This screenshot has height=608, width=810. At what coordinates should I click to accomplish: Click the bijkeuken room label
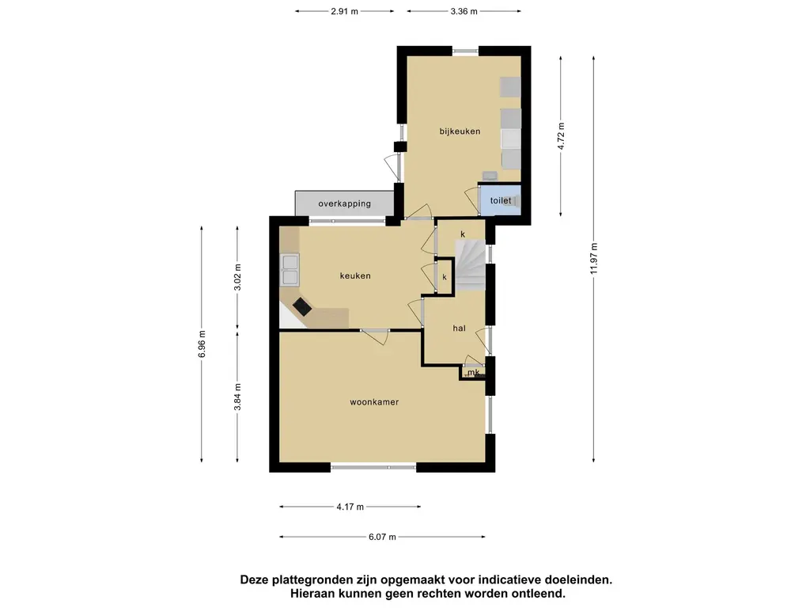[460, 131]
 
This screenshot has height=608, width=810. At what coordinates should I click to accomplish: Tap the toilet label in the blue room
[501, 200]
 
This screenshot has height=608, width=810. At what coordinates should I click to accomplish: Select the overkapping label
[345, 203]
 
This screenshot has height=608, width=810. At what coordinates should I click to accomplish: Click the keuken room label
[355, 276]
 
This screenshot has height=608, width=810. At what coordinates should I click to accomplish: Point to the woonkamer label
[374, 401]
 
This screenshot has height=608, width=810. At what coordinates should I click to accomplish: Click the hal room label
[460, 329]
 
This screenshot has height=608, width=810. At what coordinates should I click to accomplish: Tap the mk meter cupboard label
[474, 372]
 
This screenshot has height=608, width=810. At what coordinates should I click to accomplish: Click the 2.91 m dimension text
[345, 11]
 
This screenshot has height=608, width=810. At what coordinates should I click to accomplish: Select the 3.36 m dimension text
[464, 11]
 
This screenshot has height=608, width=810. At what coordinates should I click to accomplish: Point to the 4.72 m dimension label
[561, 136]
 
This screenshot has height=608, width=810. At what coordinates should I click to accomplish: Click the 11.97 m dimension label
[594, 259]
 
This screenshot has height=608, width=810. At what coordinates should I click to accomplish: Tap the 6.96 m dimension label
[202, 344]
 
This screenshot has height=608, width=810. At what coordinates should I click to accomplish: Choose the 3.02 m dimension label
[237, 278]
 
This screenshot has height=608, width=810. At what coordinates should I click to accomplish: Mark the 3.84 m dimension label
[237, 397]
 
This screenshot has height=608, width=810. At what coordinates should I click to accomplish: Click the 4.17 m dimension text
[350, 507]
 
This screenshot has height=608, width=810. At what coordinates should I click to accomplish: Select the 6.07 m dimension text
[382, 537]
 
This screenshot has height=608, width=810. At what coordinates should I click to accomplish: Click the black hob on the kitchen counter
[302, 306]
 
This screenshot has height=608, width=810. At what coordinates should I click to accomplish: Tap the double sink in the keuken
[290, 269]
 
